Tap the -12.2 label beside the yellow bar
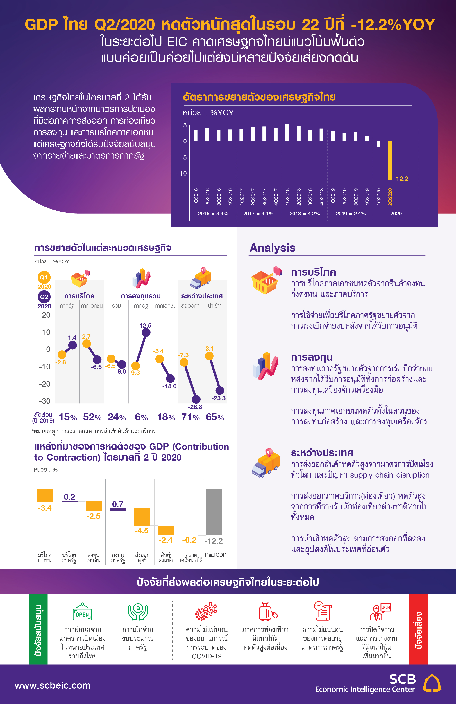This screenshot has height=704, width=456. [401, 179]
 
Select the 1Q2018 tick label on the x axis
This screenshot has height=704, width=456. [287, 197]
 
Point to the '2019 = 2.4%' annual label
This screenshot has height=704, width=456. [351, 214]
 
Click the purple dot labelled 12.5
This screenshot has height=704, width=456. [146, 333]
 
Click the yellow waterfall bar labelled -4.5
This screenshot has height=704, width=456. [142, 517]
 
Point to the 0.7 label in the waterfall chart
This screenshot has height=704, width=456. [118, 504]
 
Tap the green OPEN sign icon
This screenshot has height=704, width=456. [82, 612]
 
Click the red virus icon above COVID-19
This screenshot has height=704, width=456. [206, 612]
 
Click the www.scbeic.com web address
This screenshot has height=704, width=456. [53, 685]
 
